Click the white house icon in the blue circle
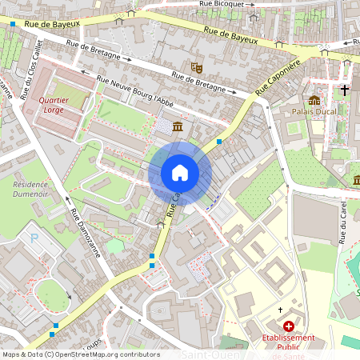pyautogui.click(x=180, y=172)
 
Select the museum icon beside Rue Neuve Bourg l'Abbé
pyautogui.click(x=176, y=127)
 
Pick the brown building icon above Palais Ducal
pyautogui.click(x=314, y=100)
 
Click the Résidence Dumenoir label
pyautogui.click(x=30, y=188)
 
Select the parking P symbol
pyautogui.click(x=33, y=238)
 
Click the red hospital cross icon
pyautogui.click(x=288, y=326)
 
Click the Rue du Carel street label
pyautogui.click(x=342, y=216)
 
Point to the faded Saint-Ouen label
pyautogui.click(x=208, y=354)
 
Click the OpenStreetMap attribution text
pyautogui.click(x=80, y=354)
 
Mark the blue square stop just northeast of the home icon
pyautogui.click(x=218, y=141)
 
